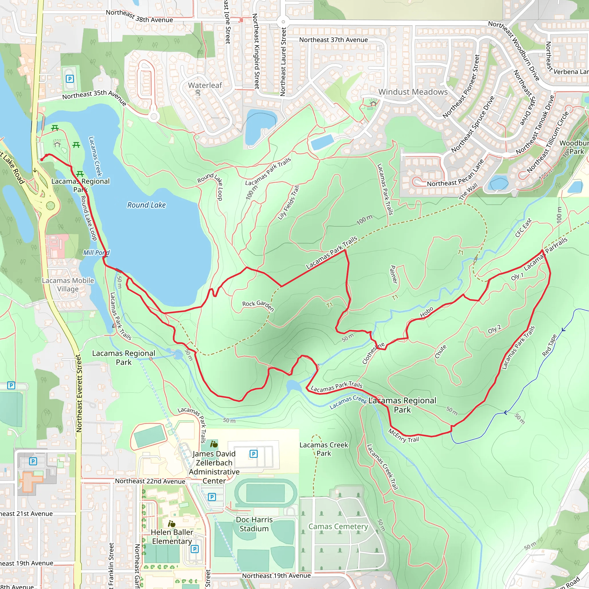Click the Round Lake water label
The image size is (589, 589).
146,205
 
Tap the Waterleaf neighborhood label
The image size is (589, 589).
205,85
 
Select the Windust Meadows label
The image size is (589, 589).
413,92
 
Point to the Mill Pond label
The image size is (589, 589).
96,253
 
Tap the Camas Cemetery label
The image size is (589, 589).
338,526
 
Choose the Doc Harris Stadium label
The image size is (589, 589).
254,524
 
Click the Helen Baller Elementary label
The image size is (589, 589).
172,537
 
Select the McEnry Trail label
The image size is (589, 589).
403,436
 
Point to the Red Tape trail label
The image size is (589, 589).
549,345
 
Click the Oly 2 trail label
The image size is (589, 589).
494,329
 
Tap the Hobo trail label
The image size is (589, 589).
426,312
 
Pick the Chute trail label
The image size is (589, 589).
441,351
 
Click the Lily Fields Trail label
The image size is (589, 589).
288,203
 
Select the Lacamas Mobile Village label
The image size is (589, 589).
68,284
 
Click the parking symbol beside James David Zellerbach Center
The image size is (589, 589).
253,454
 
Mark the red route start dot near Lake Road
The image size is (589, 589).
42,159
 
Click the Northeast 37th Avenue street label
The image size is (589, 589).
333,40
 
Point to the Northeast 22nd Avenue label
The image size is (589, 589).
150,481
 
